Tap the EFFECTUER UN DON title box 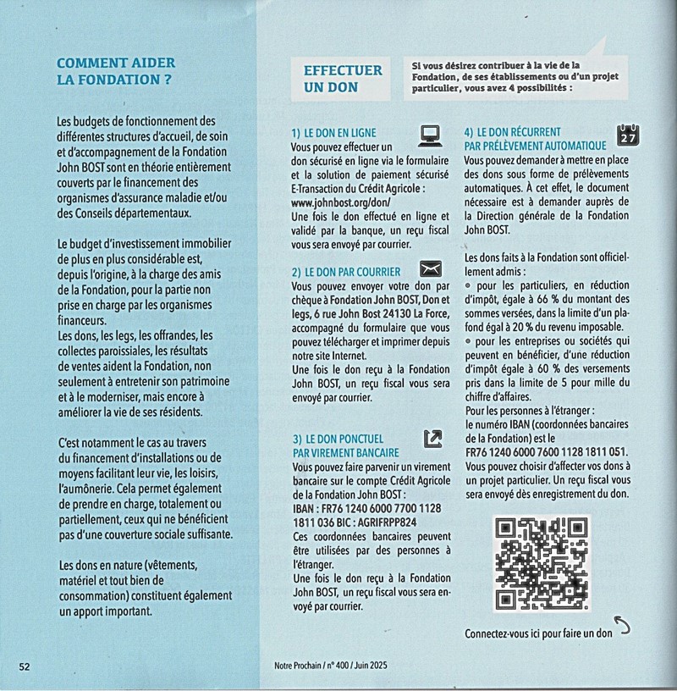click(x=343, y=78)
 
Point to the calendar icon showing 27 click(x=629, y=135)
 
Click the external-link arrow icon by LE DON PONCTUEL click(x=432, y=438)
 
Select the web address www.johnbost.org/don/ click(x=339, y=203)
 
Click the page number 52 click(x=25, y=666)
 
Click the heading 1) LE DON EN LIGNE click(x=333, y=134)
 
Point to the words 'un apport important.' click(x=107, y=611)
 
